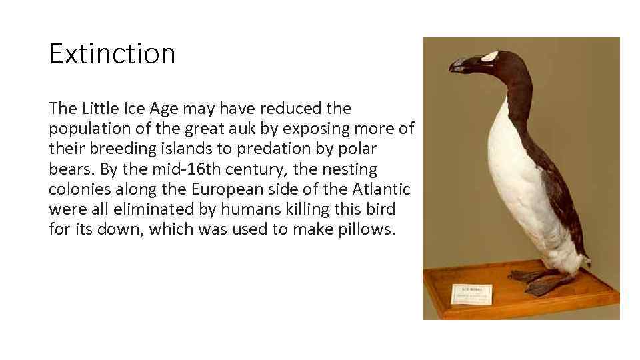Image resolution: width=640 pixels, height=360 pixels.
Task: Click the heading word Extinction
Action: (112, 54)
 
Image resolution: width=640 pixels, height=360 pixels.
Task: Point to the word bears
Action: (69, 169)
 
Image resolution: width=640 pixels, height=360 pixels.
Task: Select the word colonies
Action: (76, 189)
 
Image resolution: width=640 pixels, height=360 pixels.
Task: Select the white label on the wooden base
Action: (471, 293)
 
